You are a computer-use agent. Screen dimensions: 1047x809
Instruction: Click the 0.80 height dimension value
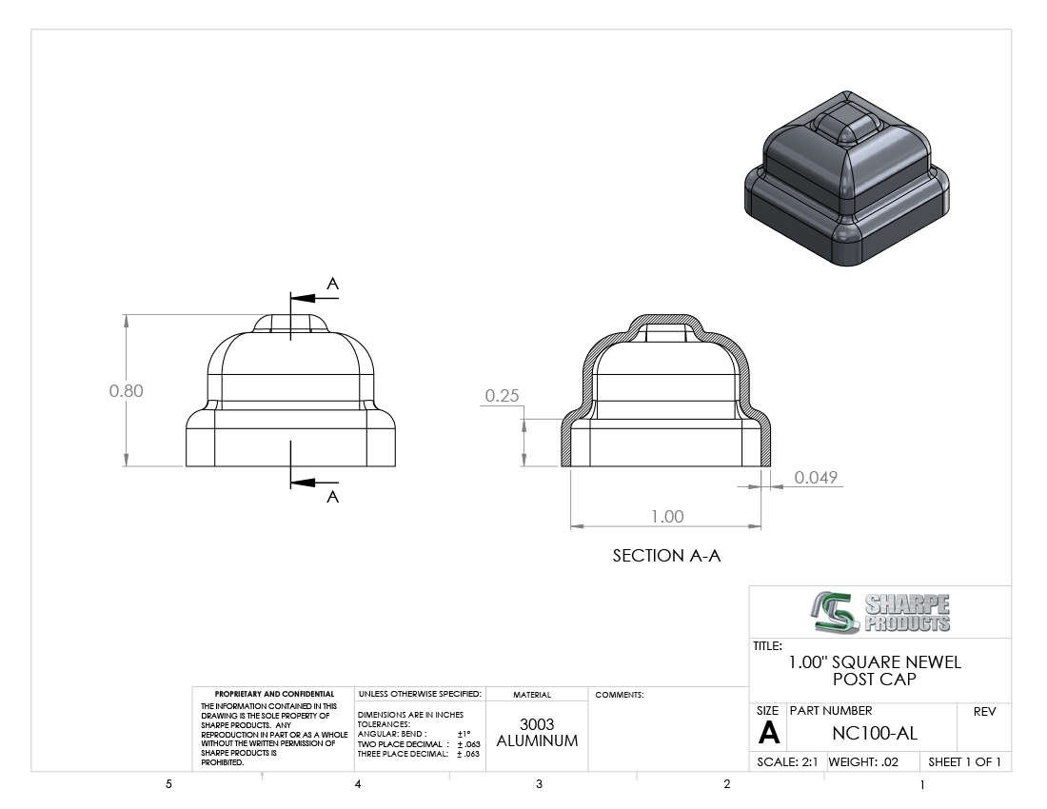[x=127, y=390]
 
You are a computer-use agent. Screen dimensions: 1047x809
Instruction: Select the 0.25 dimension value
[x=502, y=396]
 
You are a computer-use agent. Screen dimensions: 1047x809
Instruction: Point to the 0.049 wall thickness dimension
[x=816, y=477]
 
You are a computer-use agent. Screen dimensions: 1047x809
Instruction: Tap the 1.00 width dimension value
[x=667, y=516]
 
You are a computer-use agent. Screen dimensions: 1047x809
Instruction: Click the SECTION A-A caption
[x=666, y=555]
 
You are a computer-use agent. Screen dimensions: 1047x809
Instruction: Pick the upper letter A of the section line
[x=332, y=284]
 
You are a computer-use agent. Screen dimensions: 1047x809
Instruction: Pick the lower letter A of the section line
[x=332, y=497]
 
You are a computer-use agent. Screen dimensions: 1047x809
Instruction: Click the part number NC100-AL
[x=875, y=734]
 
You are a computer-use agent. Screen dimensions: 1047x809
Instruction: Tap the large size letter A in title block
[x=768, y=733]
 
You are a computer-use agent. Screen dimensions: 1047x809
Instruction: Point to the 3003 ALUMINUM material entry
[x=537, y=732]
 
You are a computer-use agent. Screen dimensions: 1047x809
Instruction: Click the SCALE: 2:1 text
[x=787, y=761]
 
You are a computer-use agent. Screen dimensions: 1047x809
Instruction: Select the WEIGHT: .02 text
[x=863, y=761]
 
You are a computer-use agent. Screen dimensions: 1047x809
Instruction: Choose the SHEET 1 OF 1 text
[x=964, y=761]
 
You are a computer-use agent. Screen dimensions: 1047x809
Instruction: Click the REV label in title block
[x=984, y=712]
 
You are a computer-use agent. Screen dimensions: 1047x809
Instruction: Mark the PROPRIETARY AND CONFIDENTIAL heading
[x=274, y=694]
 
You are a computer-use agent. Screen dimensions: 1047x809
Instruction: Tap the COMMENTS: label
[x=619, y=695]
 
